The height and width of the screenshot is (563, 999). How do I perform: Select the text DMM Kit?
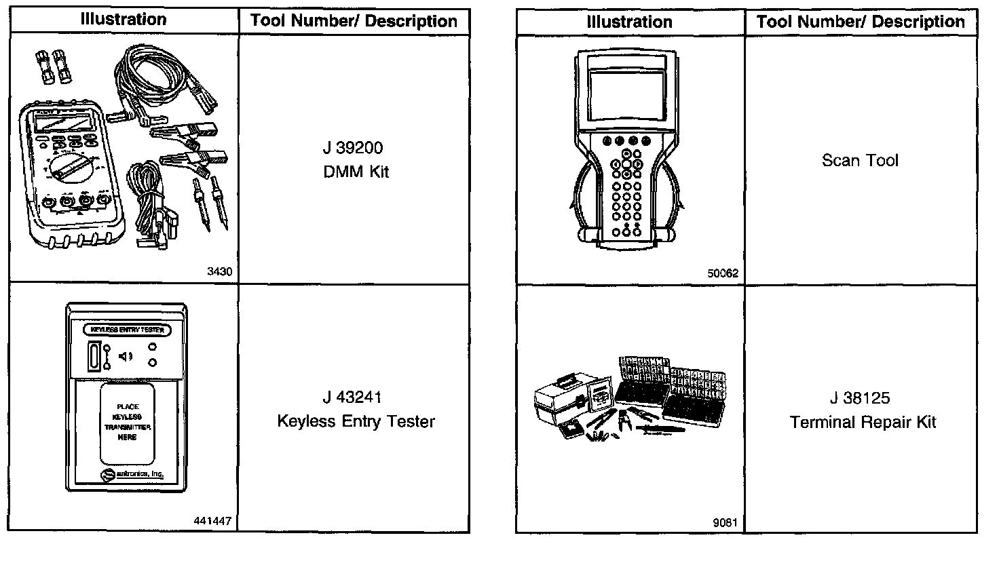[356, 172]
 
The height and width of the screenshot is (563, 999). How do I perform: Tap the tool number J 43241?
[356, 397]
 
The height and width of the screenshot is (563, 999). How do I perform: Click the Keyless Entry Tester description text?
[356, 421]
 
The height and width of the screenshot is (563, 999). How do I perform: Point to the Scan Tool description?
[860, 161]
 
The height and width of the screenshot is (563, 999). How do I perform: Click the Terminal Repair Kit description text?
[863, 423]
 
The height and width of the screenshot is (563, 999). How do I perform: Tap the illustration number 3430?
[219, 271]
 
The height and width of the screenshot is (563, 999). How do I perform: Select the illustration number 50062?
[723, 274]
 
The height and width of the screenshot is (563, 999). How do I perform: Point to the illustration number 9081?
[725, 522]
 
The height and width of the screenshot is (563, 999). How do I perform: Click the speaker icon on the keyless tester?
[126, 356]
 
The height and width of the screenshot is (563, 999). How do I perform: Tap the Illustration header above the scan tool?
[629, 22]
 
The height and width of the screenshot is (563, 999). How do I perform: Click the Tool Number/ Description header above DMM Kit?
[354, 21]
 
